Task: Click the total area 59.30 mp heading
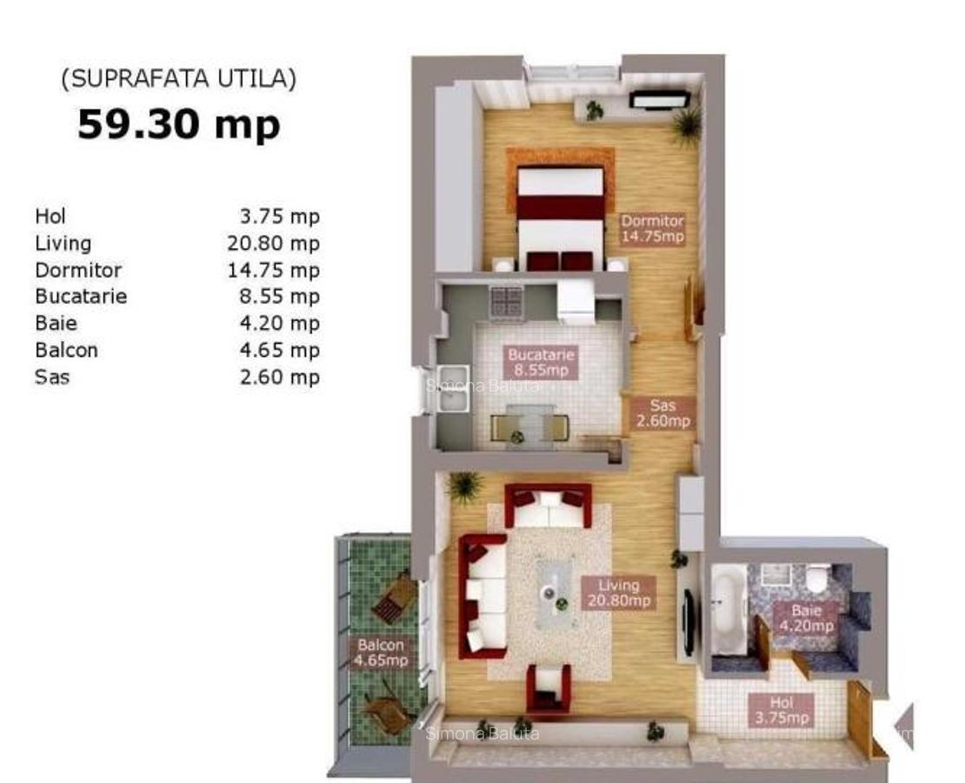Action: pyautogui.click(x=178, y=124)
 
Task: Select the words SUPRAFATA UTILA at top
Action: pyautogui.click(x=178, y=79)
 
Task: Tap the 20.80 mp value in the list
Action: pyautogui.click(x=273, y=243)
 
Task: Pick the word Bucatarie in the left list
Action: pyautogui.click(x=81, y=296)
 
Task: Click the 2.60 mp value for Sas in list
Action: pyautogui.click(x=279, y=377)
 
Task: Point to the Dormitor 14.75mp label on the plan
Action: pyautogui.click(x=652, y=228)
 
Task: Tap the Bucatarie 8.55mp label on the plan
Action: pyautogui.click(x=541, y=363)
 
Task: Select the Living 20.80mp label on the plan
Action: pyautogui.click(x=618, y=593)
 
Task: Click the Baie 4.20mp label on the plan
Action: pyautogui.click(x=807, y=618)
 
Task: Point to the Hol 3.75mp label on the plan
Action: pyautogui.click(x=781, y=710)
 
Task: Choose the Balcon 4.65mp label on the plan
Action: pyautogui.click(x=381, y=652)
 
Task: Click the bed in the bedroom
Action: pyautogui.click(x=561, y=217)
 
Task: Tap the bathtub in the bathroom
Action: pyautogui.click(x=728, y=609)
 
